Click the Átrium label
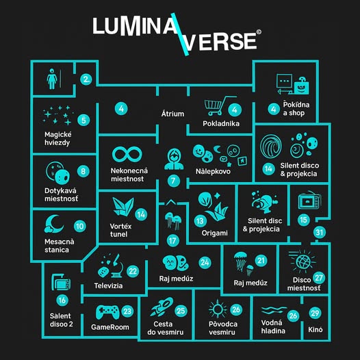172,114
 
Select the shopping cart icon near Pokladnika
218,106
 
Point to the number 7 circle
173,181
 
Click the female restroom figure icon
52,79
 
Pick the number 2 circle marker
86,79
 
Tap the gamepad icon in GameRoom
107,312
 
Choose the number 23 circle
127,311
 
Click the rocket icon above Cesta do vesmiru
162,307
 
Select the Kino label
316,330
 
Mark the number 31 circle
320,233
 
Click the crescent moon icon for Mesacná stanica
54,224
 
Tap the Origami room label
215,233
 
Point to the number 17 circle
173,241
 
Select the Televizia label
108,286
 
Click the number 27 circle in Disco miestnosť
319,278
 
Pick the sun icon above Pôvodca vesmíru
218,309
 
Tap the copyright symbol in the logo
259,32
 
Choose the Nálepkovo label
213,172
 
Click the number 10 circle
80,227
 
